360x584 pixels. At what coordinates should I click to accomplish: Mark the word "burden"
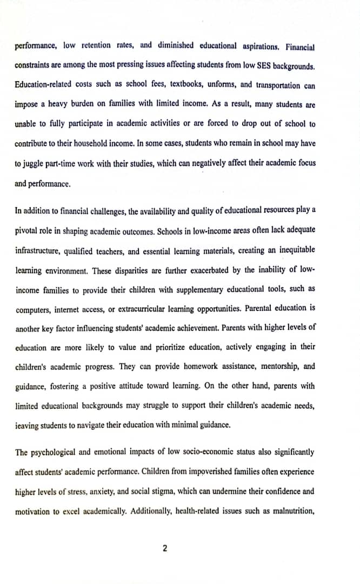(x=81, y=104)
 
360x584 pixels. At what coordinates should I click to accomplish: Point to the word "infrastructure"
(x=37, y=250)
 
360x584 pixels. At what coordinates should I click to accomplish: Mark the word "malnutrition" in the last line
(x=294, y=511)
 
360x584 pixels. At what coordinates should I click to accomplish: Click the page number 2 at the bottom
(x=165, y=548)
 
